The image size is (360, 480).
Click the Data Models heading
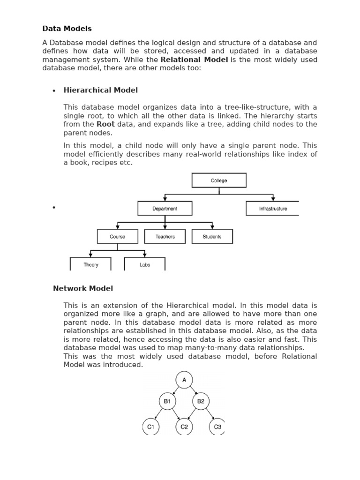(x=67, y=29)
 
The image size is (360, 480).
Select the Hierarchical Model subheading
(x=100, y=90)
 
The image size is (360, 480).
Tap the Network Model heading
(x=83, y=288)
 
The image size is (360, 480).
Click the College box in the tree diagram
(x=219, y=180)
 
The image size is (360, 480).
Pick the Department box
(x=165, y=209)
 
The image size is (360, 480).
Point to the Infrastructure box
(x=272, y=209)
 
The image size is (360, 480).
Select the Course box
(x=117, y=237)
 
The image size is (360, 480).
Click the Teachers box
(x=165, y=237)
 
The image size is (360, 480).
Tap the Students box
(x=212, y=237)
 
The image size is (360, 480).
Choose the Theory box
(x=90, y=264)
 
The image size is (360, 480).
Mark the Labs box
(x=145, y=264)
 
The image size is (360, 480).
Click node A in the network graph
(x=184, y=380)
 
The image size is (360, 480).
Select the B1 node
(x=167, y=401)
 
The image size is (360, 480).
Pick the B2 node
(x=201, y=401)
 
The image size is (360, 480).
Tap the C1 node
(x=151, y=427)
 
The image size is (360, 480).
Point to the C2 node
(x=184, y=427)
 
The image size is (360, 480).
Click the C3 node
(x=217, y=427)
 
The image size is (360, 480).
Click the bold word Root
(x=105, y=124)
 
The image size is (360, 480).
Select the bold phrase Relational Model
(x=194, y=60)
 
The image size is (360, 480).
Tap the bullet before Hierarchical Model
(x=54, y=91)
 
